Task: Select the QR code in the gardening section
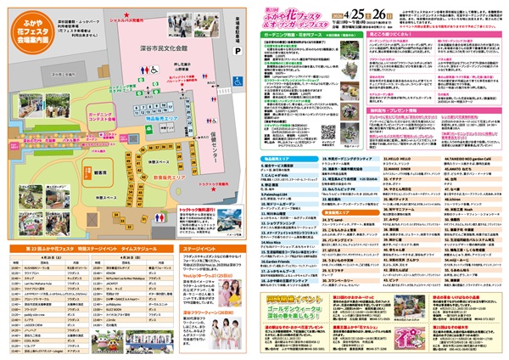coord(329,132)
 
